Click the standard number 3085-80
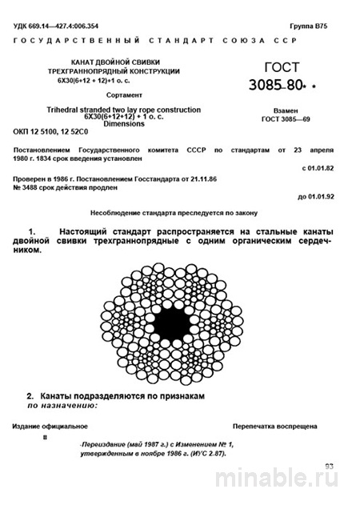point(292,86)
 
